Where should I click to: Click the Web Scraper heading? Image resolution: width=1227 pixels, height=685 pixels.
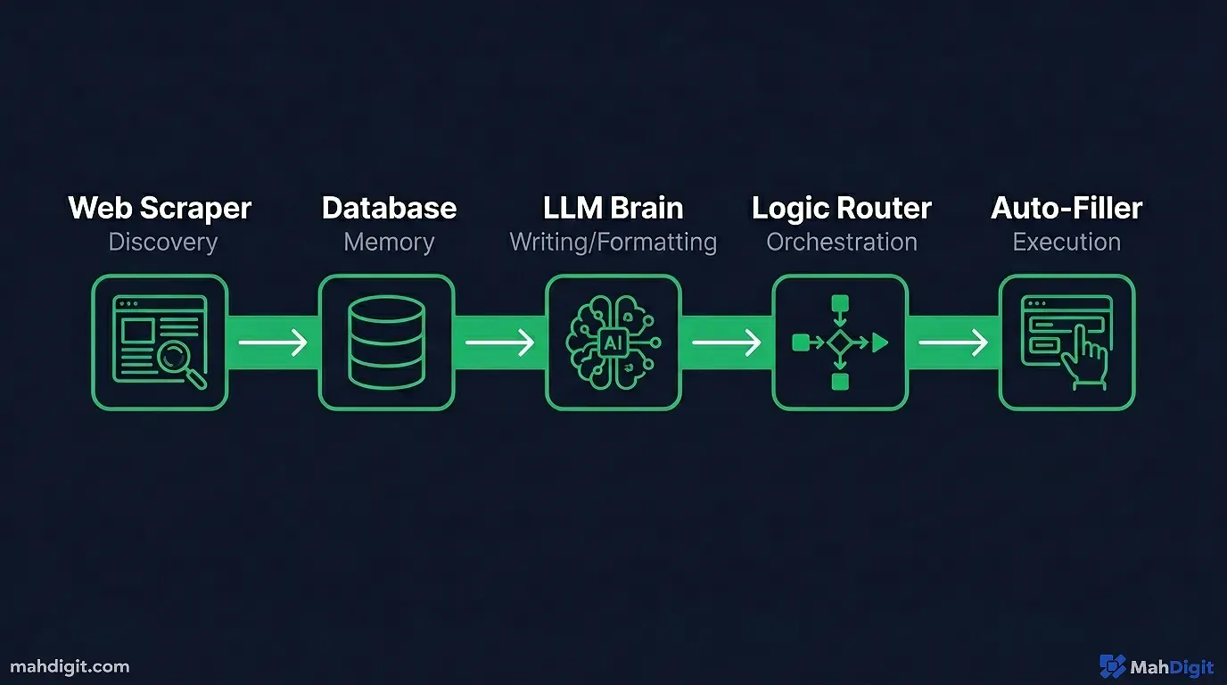coord(160,209)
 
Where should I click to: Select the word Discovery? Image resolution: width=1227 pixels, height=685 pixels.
coord(162,243)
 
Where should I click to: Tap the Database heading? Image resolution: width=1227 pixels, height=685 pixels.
coord(389,209)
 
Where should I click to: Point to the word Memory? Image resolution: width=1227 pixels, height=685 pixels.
coord(389,243)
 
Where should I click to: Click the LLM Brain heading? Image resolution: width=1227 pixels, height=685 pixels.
coord(613,209)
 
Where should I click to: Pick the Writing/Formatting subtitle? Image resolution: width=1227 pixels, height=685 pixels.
coord(613,243)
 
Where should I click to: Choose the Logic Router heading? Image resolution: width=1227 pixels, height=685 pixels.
coord(841,209)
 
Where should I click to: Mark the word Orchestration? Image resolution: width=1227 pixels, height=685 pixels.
coord(841,243)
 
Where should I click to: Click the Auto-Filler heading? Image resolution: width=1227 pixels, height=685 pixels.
coord(1066,209)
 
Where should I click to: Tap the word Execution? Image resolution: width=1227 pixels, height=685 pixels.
coord(1066,243)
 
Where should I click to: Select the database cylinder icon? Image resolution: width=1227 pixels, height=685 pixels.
coord(386,342)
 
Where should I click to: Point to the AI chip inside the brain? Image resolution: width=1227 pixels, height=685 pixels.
coord(613,342)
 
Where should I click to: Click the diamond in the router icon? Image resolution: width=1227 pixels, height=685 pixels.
coord(839,342)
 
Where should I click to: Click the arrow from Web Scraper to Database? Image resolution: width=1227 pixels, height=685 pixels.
coord(273,342)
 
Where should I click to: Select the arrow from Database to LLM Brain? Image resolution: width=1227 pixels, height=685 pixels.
coord(499,342)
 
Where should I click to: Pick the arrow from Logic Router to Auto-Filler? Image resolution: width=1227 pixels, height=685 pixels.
coord(952,342)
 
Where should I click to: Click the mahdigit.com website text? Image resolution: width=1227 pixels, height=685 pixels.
coord(70,666)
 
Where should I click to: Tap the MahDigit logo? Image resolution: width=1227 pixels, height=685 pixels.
coord(1157,666)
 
